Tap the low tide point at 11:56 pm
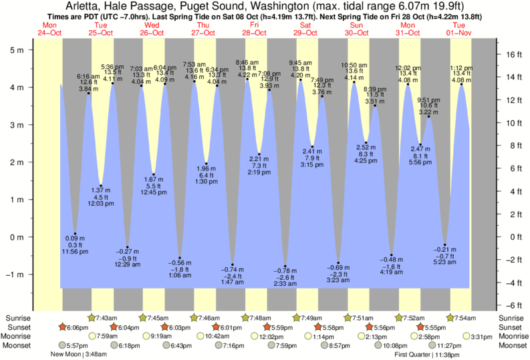point(75,234)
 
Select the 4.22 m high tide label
point(247,75)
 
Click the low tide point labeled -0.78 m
point(285,266)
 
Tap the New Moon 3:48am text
point(81,355)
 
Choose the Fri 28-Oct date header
point(254,29)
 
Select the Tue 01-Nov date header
point(460,29)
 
